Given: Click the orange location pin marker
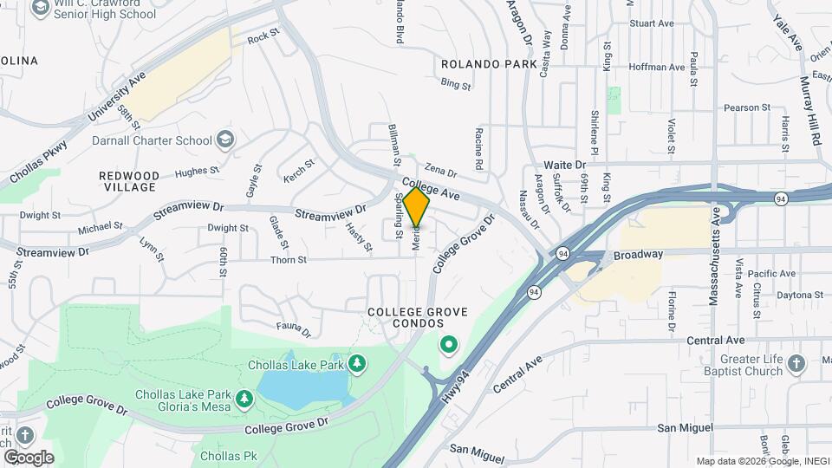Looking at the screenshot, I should (417, 208).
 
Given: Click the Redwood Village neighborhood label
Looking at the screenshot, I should (129, 181).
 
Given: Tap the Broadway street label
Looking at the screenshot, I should (638, 255).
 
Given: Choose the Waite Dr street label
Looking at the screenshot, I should (565, 164).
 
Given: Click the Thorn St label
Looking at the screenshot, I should (289, 259).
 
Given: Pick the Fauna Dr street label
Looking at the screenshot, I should (294, 328).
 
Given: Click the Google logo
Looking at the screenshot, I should (29, 458).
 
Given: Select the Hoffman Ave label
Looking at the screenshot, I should (656, 67).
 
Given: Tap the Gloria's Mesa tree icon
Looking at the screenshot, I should (245, 399).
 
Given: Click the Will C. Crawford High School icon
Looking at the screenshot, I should (40, 8).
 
